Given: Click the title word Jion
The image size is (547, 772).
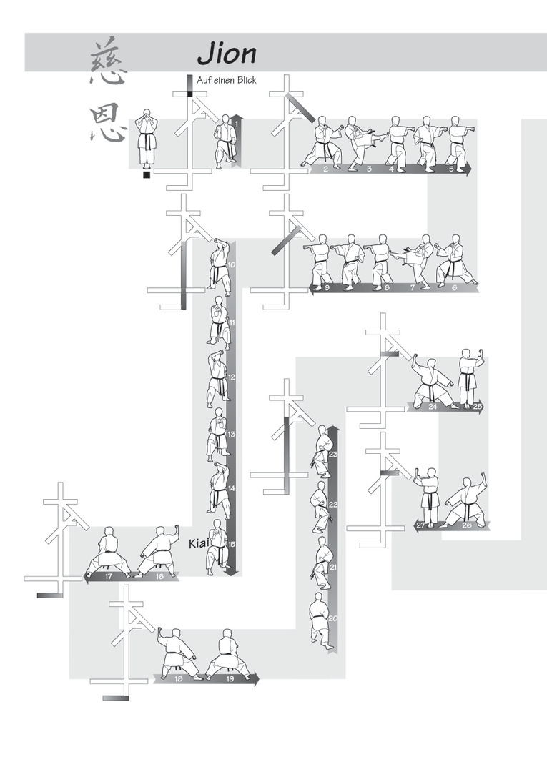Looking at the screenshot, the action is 227,54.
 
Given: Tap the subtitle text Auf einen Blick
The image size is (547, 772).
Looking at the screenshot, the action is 227,80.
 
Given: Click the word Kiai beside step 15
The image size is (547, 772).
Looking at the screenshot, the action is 199,543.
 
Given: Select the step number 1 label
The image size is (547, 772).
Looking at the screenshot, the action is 237,124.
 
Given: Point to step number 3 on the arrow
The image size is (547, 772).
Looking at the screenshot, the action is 369,169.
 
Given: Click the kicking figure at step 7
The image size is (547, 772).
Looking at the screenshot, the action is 416,261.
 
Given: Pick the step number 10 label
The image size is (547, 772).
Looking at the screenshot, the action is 231,265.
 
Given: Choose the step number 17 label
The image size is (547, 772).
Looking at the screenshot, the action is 108,576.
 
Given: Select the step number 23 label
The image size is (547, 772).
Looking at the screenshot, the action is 333,455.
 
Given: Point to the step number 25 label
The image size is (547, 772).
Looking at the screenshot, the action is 477,407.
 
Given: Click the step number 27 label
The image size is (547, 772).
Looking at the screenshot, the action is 421,525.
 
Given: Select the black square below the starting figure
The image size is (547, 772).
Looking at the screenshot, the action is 147,175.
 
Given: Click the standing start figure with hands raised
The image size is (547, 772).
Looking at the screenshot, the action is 147,137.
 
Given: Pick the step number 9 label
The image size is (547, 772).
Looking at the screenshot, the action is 327,287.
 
